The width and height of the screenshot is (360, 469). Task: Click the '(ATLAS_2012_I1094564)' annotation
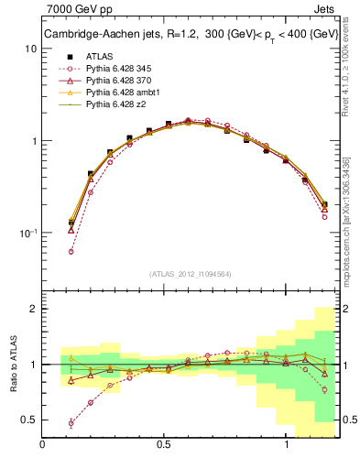coord(191,273)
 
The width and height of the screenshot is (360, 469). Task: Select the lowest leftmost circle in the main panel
coord(71,251)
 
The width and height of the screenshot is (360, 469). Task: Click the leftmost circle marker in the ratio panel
coord(71,423)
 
